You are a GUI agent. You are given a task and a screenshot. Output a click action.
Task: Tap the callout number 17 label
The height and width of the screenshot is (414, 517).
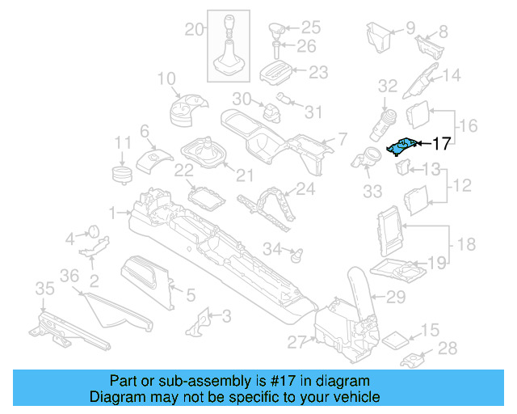(x=441, y=145)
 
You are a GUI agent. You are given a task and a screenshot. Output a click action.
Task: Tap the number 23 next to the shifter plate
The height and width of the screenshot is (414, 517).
(x=318, y=73)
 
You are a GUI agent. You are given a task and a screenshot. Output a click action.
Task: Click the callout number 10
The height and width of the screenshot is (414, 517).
(x=166, y=79)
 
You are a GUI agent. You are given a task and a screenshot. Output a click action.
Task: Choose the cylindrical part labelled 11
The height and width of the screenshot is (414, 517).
(x=121, y=174)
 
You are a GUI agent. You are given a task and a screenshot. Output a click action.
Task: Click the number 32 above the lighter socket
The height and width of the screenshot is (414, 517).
(x=388, y=86)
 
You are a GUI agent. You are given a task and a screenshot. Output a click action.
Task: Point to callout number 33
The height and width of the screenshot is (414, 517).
(x=372, y=192)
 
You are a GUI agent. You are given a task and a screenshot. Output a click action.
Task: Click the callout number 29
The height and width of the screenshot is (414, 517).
(x=395, y=298)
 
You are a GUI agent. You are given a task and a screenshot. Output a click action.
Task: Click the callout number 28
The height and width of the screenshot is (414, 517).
(x=447, y=349)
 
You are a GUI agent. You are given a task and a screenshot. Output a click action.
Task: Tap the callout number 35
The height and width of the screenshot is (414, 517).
(x=44, y=289)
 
